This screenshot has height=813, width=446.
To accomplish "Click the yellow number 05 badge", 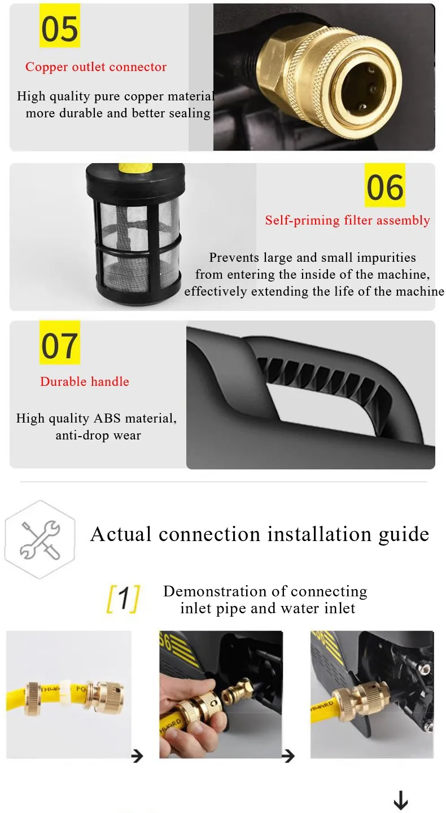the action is coord(60,26).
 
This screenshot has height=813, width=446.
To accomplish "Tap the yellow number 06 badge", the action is coord(385,185).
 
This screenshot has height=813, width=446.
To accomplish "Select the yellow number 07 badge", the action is coord(60,342).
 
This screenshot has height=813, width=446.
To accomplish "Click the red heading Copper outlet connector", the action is coord(96,67).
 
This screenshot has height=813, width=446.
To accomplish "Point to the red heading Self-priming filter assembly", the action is coord(348,220).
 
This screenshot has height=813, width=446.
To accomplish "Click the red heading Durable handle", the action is coord(85,381).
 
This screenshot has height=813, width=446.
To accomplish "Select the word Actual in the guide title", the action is coord(121,534).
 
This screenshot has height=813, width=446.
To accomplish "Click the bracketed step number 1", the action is coord(123,599).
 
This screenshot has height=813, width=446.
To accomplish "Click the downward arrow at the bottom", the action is coord(401,800).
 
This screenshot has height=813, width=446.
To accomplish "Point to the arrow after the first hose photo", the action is coord(137,756).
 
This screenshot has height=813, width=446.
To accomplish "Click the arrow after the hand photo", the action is coord(288,756).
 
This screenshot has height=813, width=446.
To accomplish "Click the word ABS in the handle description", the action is coord(107,419).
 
